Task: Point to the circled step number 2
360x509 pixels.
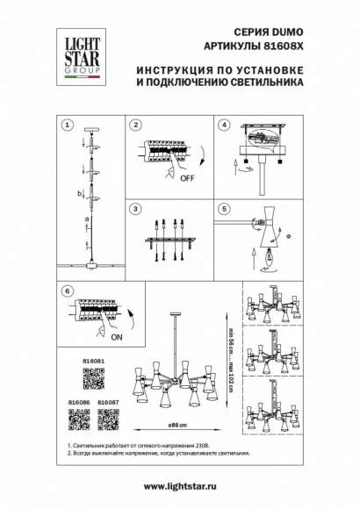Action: (x=135, y=125)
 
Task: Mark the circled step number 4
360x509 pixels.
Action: (x=224, y=125)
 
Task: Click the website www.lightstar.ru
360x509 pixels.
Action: (x=179, y=486)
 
